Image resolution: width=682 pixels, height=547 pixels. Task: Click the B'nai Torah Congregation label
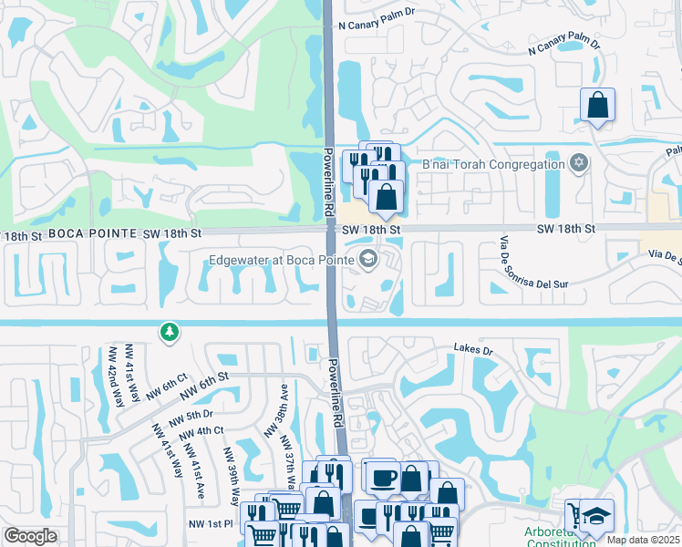(x=493, y=164)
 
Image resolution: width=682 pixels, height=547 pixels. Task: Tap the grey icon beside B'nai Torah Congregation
(x=577, y=164)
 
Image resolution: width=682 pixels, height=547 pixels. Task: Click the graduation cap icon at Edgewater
(x=368, y=260)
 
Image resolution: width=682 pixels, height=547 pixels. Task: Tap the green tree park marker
(x=169, y=333)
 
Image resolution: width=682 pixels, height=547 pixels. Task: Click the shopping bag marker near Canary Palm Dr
(x=597, y=105)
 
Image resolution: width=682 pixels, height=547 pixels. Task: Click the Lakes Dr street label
(x=473, y=349)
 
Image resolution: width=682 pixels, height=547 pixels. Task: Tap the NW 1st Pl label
(x=211, y=523)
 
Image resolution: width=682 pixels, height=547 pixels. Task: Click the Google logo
(x=30, y=536)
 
